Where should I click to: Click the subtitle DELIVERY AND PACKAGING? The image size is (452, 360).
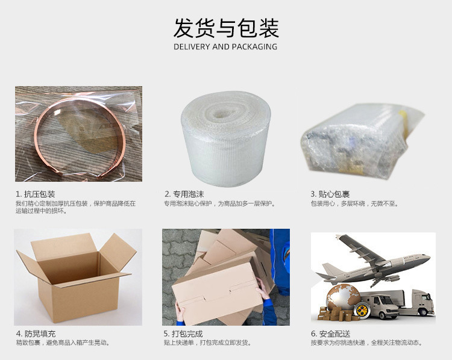[x=225, y=47]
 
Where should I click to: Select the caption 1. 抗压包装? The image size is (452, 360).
[x=36, y=194]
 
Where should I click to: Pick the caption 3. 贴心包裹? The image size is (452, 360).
[x=330, y=194]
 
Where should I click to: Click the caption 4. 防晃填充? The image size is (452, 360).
[x=36, y=334]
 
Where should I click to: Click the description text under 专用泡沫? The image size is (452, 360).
[x=219, y=203]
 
